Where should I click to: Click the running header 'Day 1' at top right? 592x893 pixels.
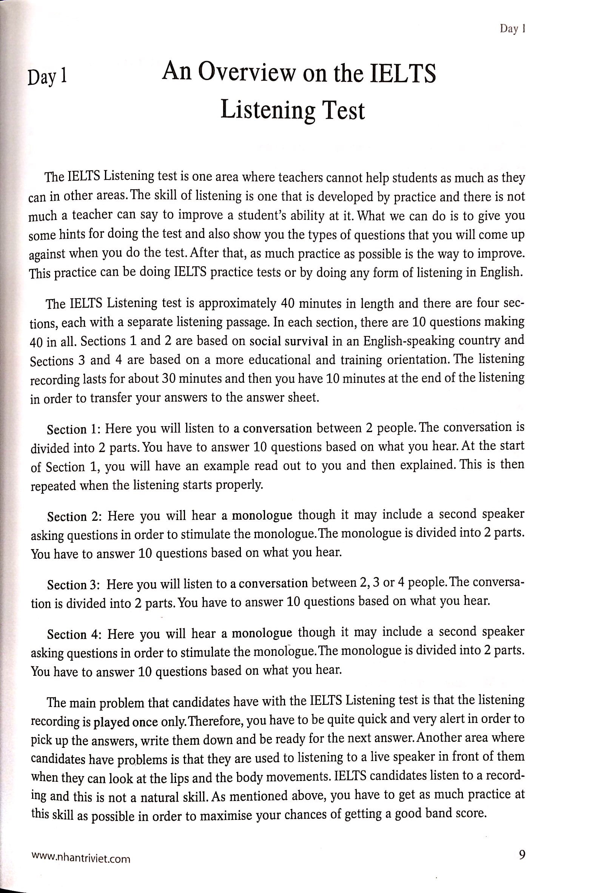point(513,29)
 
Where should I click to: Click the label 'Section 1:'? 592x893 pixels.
point(72,429)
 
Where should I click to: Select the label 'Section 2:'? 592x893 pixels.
point(72,516)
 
